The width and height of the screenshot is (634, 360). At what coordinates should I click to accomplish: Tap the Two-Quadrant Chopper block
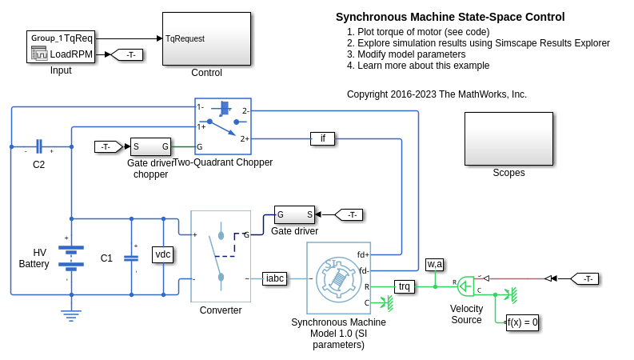[223, 126]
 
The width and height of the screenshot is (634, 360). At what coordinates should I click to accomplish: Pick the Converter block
[221, 256]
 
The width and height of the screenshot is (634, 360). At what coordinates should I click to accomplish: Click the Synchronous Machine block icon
[338, 278]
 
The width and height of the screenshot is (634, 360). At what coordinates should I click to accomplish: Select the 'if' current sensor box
[322, 138]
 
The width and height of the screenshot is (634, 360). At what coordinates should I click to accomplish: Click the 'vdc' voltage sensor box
[163, 254]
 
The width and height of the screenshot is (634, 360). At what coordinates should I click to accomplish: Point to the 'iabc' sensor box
[275, 278]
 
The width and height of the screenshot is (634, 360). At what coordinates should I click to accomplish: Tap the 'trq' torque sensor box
[405, 286]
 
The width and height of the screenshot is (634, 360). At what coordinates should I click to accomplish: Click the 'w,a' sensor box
[435, 264]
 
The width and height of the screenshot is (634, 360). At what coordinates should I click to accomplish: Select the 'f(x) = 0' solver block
[523, 322]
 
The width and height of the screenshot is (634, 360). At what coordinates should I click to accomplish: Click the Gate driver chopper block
[150, 146]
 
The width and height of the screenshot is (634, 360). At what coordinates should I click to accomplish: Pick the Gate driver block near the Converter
[294, 214]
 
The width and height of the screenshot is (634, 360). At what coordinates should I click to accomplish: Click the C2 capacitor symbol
[38, 147]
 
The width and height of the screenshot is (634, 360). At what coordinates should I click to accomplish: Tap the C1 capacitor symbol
[132, 258]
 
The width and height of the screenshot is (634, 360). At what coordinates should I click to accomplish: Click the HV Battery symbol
[71, 255]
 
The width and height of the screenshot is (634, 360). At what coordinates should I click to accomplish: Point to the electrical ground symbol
[71, 315]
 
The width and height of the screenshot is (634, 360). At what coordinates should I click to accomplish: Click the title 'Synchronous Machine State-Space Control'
[450, 17]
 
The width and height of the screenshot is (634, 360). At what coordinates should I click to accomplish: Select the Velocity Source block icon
[466, 286]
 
